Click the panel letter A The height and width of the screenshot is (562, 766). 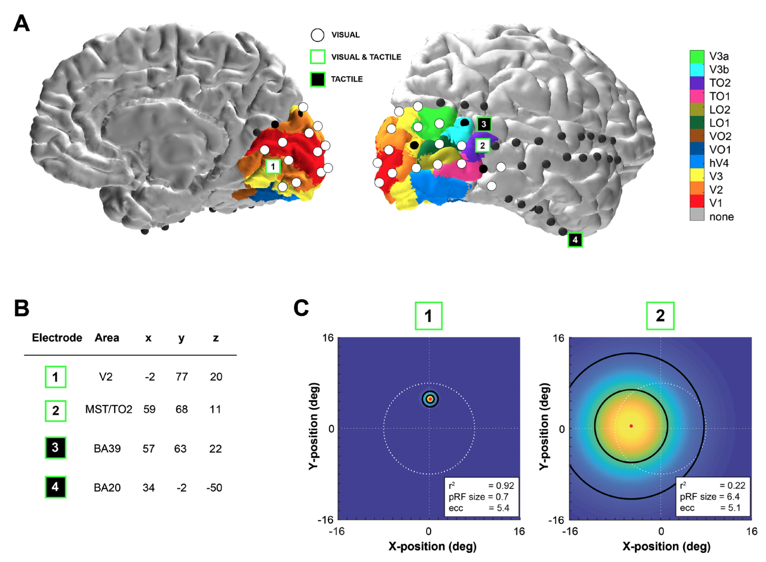coord(22,23)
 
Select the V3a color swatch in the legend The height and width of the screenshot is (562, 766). coord(697,56)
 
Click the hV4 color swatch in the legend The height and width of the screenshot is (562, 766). coord(697,163)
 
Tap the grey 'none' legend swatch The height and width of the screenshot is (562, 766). coord(697,216)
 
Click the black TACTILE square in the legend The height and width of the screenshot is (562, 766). coord(318,79)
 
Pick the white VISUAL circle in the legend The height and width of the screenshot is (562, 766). coord(318,35)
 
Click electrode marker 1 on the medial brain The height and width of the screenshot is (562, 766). coord(273,166)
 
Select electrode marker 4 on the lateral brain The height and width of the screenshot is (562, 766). coord(575,240)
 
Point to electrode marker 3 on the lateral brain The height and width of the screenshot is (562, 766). coord(483,124)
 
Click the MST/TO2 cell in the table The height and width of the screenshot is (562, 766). coord(108,409)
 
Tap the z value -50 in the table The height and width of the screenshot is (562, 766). coord(214,488)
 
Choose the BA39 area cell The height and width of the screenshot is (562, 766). coord(107,448)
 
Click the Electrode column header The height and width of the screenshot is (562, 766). coord(57,338)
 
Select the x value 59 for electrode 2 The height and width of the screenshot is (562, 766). coord(149,409)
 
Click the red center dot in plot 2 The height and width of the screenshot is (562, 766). coord(631,426)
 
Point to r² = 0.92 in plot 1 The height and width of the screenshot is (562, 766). coord(481,485)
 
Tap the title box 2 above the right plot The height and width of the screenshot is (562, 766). coord(660,316)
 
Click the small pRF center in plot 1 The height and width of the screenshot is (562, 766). coord(430,399)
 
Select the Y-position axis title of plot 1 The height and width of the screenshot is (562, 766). coord(314,426)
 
